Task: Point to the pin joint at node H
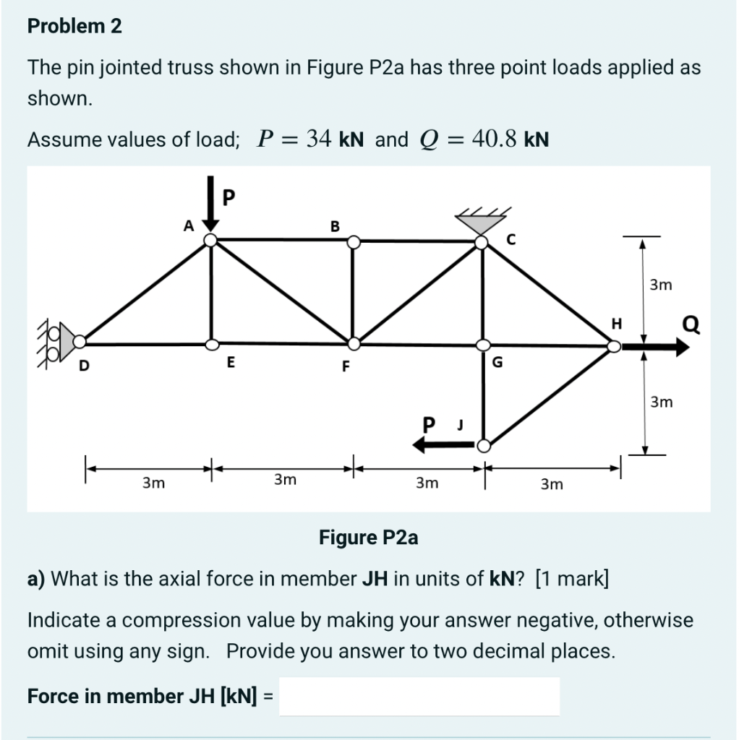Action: (x=613, y=347)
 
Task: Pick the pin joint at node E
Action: (x=211, y=343)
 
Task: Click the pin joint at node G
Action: (x=482, y=345)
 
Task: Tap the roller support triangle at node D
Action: (x=67, y=340)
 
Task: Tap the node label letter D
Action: (x=84, y=366)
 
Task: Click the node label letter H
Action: (x=617, y=323)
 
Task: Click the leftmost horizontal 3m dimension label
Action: (x=153, y=481)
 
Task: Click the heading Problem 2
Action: (x=74, y=27)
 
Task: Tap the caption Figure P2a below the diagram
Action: (x=369, y=538)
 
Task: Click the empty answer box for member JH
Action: (x=419, y=696)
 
